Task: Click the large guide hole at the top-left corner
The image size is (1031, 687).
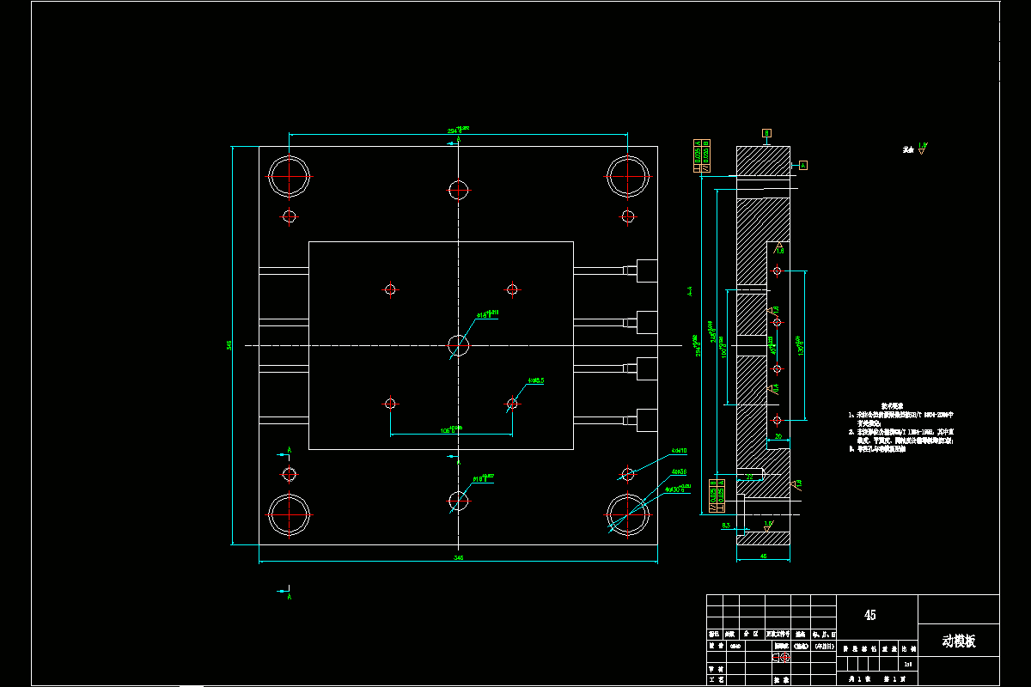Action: [290, 176]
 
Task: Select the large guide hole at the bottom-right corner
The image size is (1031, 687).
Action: [628, 515]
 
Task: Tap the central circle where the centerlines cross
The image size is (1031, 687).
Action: [459, 345]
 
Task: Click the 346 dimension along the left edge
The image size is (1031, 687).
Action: [229, 345]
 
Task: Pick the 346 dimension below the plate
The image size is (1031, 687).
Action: [459, 558]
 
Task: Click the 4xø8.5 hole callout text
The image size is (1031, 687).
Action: [537, 379]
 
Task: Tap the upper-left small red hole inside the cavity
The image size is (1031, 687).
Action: [390, 289]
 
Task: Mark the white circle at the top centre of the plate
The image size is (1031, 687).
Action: [459, 189]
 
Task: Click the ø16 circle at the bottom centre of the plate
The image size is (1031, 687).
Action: [459, 501]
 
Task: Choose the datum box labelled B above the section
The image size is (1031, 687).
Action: [766, 133]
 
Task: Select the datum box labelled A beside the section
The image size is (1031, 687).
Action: [803, 164]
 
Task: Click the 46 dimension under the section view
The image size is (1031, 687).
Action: [763, 556]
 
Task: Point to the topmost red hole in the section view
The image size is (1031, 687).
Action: [777, 271]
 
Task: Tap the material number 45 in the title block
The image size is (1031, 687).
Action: [870, 615]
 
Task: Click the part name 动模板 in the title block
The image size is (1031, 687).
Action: [959, 641]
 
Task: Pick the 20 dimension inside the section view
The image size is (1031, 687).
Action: [778, 437]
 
